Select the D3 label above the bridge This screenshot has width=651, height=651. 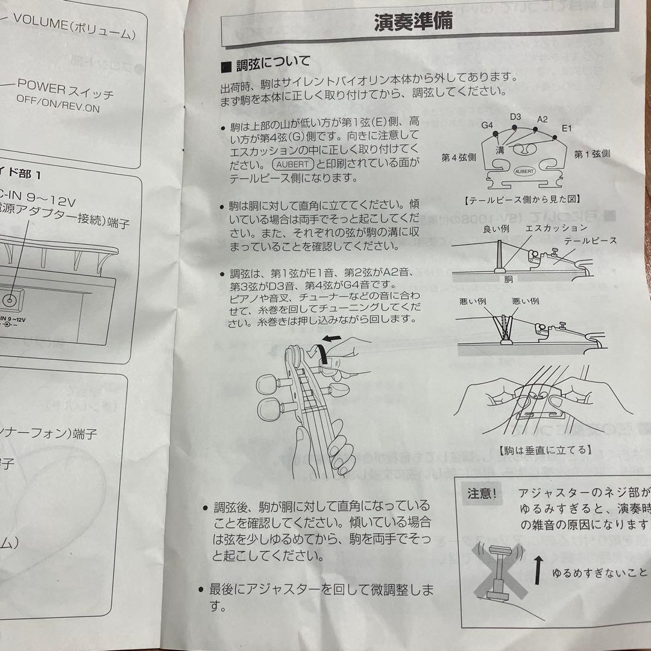coord(515,116)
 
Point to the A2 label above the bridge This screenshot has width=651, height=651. coord(542,119)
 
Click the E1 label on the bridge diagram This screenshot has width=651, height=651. coord(566,128)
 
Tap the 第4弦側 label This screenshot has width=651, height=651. coord(459,157)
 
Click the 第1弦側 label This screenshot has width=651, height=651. coord(591,154)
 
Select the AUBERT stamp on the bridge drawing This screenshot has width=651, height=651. coord(523,171)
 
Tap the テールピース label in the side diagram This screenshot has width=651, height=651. coord(590,240)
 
